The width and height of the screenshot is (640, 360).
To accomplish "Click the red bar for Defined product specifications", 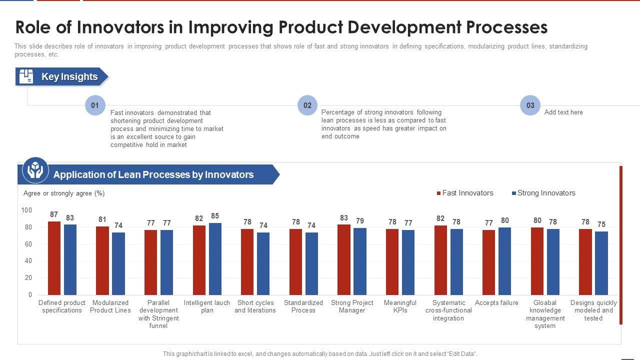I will point(54,258).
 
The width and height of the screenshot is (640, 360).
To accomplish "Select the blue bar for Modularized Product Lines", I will point(118,263).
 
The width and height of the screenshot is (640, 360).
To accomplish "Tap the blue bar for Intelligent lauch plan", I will point(215,258).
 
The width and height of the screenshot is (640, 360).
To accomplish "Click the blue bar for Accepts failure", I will point(504,261).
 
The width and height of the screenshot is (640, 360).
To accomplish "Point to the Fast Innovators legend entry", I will point(465,193).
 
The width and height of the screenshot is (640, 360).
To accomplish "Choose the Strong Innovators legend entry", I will point(543,193).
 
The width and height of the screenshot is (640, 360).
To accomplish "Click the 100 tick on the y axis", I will point(26,210).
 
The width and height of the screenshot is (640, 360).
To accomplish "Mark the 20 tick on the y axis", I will point(28,278).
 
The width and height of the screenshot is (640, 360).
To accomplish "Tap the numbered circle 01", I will point(95,105).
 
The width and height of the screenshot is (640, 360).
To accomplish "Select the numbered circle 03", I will point(530,105).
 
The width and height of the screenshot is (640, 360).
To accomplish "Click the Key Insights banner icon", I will point(26,76).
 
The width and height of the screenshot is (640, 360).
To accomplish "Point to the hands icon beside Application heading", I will point(35,170).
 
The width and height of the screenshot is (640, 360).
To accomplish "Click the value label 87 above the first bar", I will point(54,214).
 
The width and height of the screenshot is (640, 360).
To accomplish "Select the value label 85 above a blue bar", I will point(215,216).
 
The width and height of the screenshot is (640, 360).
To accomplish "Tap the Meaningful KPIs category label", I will point(400,306).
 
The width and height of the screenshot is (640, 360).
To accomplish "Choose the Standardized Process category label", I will point(303,306).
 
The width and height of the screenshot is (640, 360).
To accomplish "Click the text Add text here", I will point(563,112).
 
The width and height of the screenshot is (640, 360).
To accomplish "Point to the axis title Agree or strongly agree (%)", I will point(64,193).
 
